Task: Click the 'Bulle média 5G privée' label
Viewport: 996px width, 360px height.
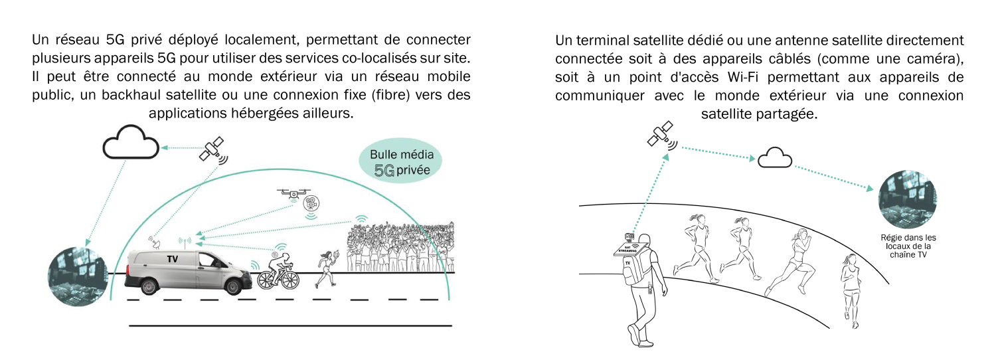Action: [x=402, y=162]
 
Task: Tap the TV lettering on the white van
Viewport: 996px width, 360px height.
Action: [x=172, y=258]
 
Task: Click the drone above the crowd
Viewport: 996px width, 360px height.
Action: [x=293, y=193]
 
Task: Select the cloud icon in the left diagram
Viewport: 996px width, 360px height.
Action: [x=131, y=142]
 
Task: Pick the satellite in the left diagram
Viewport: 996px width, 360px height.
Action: [x=213, y=149]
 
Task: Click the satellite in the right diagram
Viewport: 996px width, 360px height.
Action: [x=661, y=134]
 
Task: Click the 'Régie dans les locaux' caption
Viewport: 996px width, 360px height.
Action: [x=908, y=246]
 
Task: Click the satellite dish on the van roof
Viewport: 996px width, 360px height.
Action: [x=155, y=243]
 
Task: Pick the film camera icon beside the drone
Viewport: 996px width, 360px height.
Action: [x=311, y=203]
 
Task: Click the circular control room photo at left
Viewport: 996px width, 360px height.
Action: [x=78, y=277]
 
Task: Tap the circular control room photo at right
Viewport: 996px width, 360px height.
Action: [x=908, y=199]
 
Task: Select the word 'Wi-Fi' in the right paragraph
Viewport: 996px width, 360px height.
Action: [x=742, y=77]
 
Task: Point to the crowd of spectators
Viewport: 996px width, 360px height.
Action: [x=400, y=246]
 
